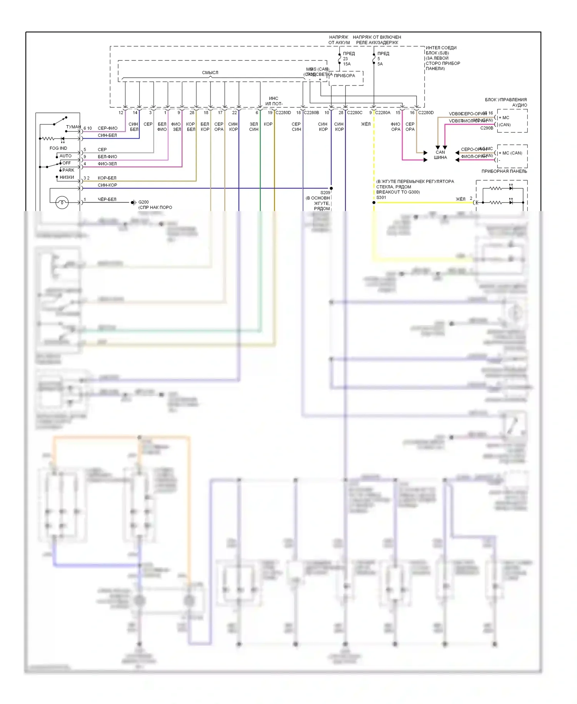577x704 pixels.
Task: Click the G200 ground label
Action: coord(143,202)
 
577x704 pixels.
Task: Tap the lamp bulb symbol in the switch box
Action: coord(62,202)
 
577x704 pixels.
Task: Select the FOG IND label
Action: coord(58,148)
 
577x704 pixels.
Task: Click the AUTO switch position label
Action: coord(65,156)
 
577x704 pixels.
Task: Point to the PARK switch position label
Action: coord(68,170)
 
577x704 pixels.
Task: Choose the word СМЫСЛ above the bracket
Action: coord(210,72)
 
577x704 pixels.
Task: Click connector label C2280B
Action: coord(311,113)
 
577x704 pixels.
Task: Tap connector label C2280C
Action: coord(355,113)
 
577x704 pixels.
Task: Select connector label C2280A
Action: coord(383,113)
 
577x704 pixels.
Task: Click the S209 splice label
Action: coord(325,193)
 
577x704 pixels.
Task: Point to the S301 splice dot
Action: coord(374,203)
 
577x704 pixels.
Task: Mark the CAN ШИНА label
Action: coord(440,155)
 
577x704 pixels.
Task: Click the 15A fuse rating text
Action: coord(347,64)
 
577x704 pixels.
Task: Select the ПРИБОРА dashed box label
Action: coord(344,75)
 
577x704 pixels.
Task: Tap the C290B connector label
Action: coord(487,128)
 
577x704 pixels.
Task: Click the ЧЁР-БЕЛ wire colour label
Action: coord(107,199)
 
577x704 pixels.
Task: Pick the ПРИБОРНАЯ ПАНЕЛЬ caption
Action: coord(504,171)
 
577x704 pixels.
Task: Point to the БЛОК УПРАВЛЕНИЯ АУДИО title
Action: coord(506,102)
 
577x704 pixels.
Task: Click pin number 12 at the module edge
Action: coord(121,113)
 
